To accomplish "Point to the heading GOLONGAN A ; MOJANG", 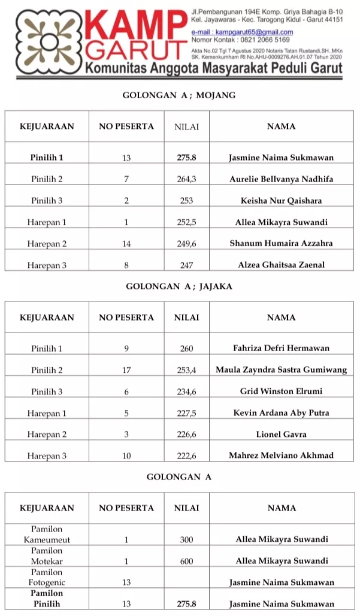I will click(179, 95).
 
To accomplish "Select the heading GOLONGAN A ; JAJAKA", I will click(179, 286).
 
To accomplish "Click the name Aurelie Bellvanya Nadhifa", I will click(281, 179).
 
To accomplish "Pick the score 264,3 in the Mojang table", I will click(186, 179).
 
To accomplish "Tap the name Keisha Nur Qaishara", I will click(281, 201).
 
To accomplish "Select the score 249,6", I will click(186, 243).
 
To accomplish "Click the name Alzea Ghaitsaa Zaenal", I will click(281, 265).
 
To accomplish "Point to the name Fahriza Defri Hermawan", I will click(281, 348).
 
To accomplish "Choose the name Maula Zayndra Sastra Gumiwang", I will click(281, 370).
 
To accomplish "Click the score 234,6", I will click(186, 391).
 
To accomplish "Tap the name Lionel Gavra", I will click(281, 434).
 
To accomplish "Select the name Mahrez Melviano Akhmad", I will click(281, 456).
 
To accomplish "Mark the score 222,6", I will click(186, 456).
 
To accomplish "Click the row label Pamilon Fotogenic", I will click(47, 577).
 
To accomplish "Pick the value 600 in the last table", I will click(186, 561).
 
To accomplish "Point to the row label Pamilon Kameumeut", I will click(47, 535).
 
